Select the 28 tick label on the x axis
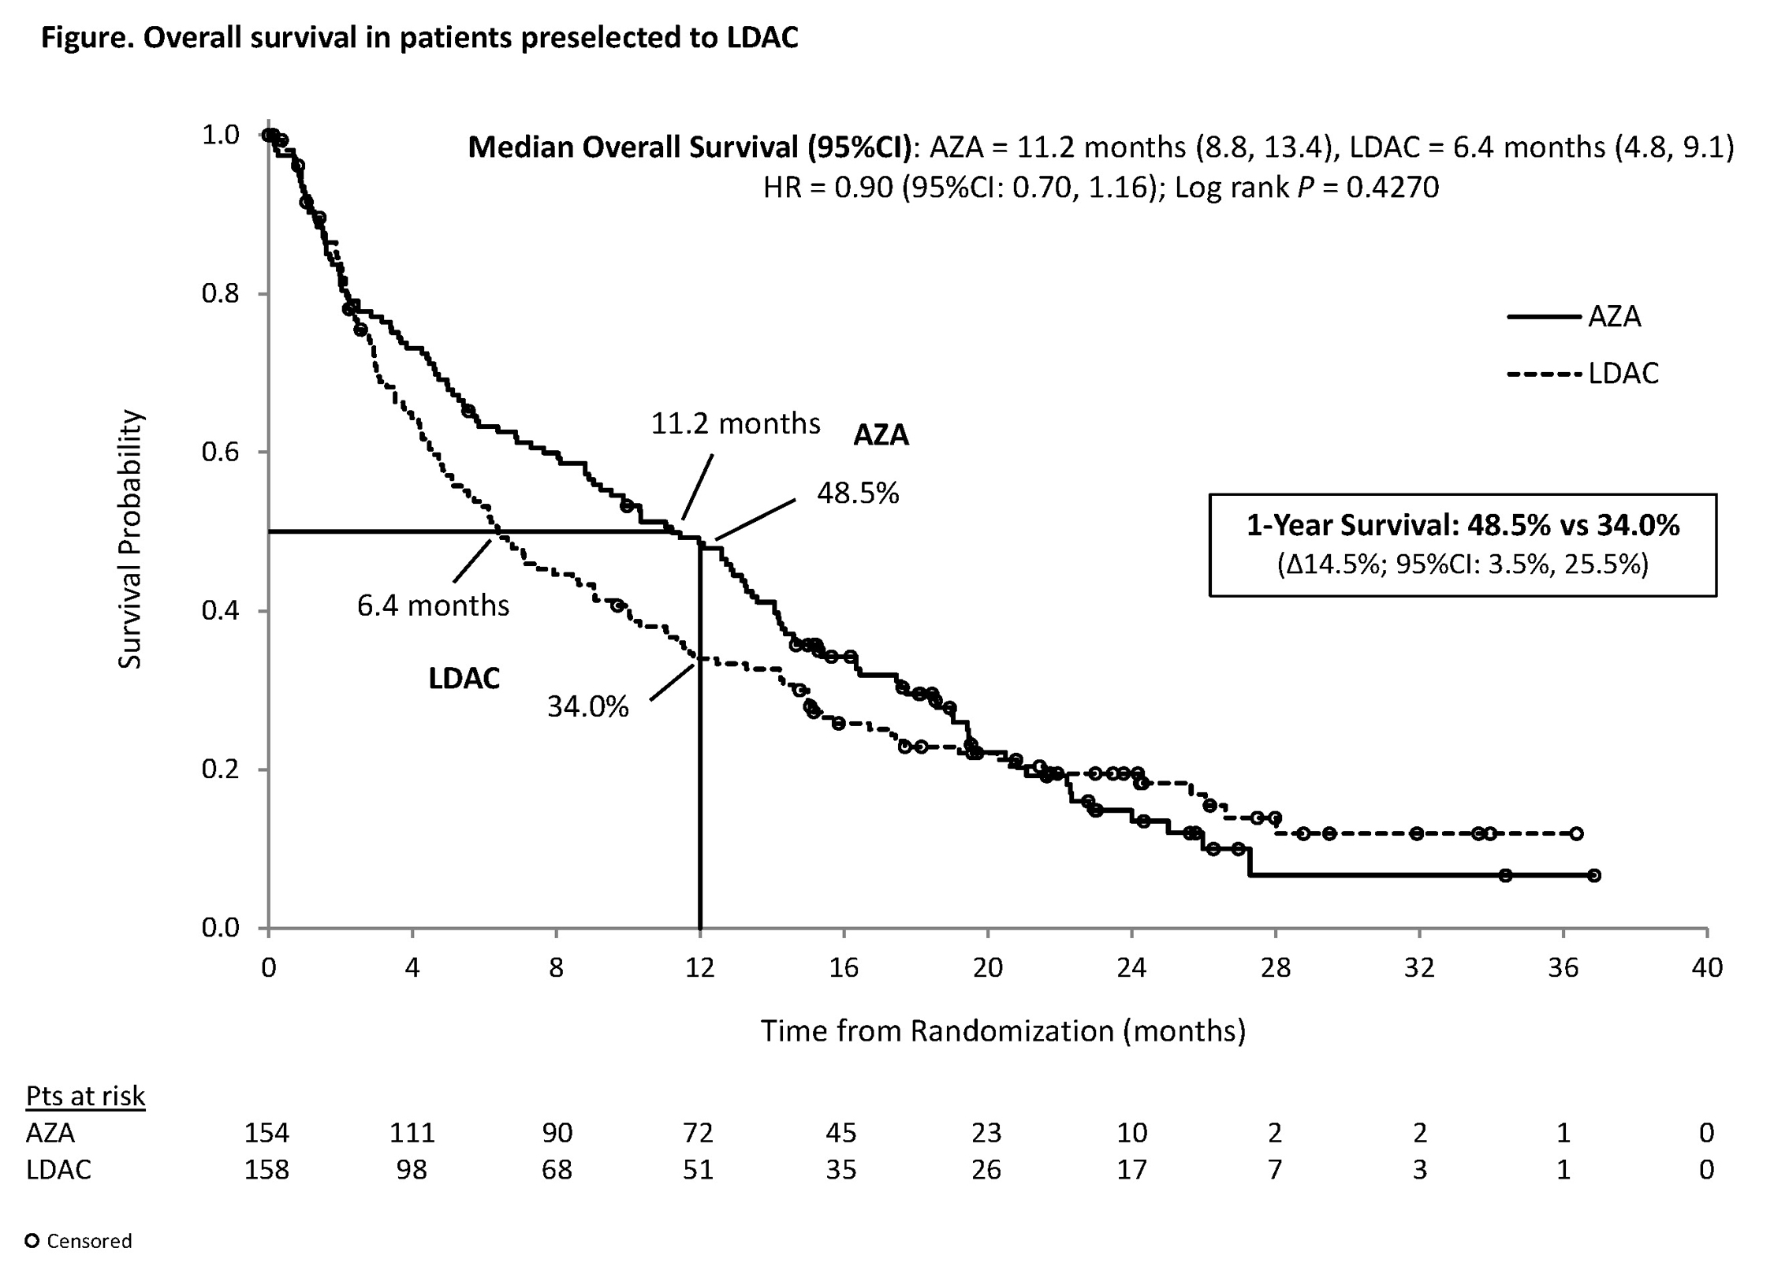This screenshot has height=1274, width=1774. click(x=1275, y=967)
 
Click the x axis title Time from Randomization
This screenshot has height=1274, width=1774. click(x=1003, y=1031)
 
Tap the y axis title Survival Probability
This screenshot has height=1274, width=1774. click(x=130, y=539)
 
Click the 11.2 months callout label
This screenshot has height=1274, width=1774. click(x=735, y=424)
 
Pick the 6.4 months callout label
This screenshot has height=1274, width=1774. click(x=433, y=605)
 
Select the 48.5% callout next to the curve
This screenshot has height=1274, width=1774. click(x=858, y=494)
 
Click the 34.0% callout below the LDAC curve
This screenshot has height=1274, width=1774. click(x=588, y=707)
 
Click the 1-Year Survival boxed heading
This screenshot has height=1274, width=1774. click(x=1463, y=525)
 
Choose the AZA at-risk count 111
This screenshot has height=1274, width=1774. click(x=412, y=1133)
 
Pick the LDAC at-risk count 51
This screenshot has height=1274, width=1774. click(x=698, y=1169)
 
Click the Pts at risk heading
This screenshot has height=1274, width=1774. click(x=85, y=1096)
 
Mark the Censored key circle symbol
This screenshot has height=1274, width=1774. click(x=32, y=1241)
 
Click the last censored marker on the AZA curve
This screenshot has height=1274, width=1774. click(x=1593, y=875)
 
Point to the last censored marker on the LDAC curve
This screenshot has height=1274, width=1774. click(x=1576, y=833)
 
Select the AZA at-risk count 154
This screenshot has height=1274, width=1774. click(x=266, y=1133)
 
